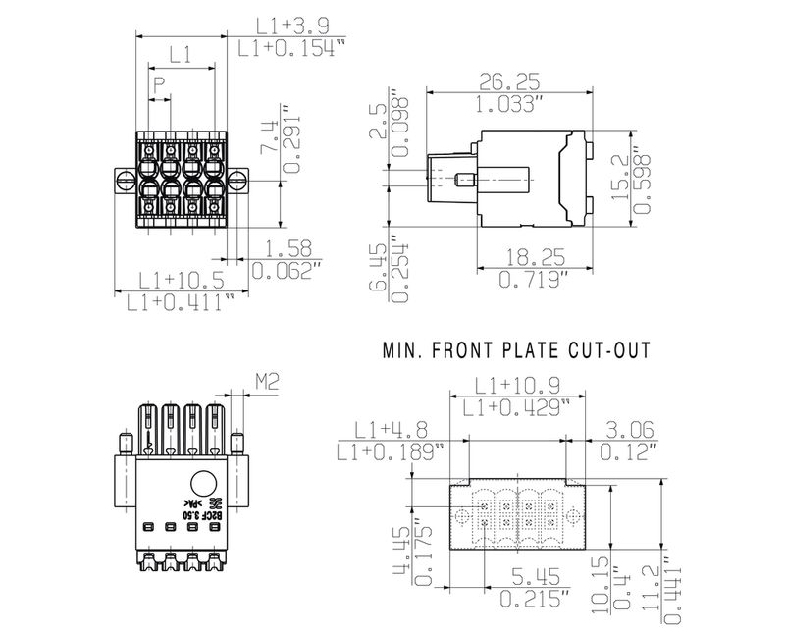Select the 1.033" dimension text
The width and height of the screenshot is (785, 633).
(511, 103)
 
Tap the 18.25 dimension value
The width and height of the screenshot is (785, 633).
(534, 258)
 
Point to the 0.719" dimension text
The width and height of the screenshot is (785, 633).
(534, 280)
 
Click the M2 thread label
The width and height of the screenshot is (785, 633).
(269, 379)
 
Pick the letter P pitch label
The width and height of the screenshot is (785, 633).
(159, 85)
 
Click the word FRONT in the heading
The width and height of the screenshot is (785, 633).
(472, 349)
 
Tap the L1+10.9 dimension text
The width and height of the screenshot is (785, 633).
(516, 385)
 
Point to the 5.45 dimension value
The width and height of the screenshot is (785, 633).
(533, 574)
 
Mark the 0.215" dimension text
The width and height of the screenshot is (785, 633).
(533, 596)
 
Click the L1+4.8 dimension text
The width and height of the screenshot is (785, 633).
(391, 429)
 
